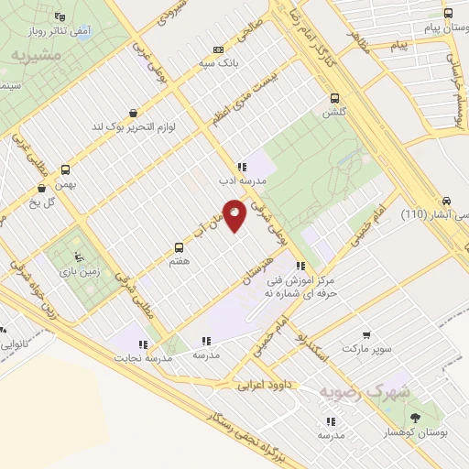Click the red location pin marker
(x=234, y=214)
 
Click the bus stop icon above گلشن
(x=333, y=99)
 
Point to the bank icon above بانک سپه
(x=218, y=50)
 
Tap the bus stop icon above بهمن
(x=65, y=169)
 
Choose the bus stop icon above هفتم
(x=179, y=247)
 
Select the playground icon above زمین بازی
(x=78, y=257)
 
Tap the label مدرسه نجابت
(x=137, y=356)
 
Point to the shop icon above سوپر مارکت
(x=367, y=335)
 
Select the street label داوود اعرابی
(x=264, y=386)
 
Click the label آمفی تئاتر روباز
(x=61, y=32)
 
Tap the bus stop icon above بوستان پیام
(x=448, y=14)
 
